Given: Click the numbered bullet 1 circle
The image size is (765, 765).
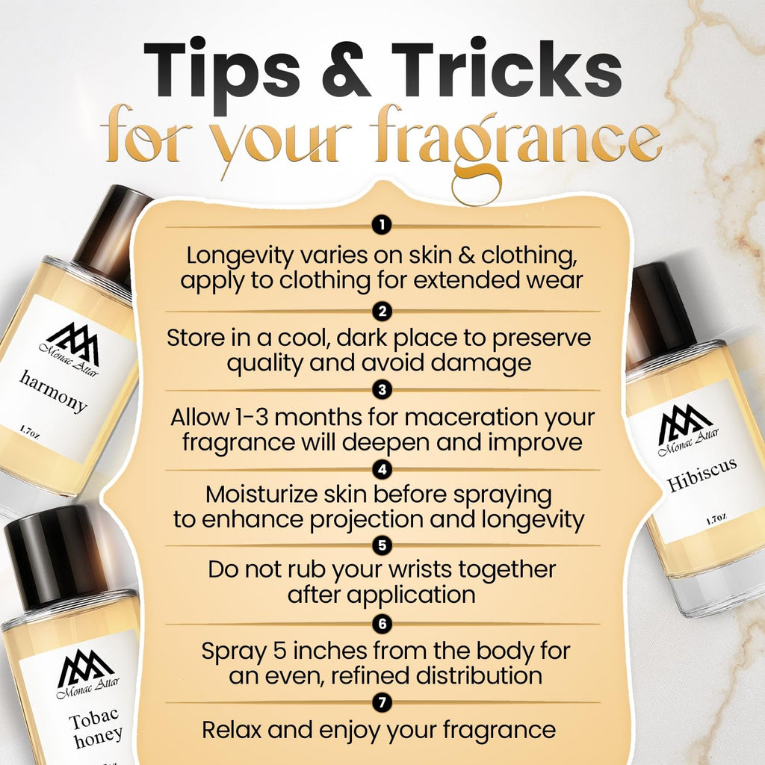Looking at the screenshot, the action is [x=382, y=225].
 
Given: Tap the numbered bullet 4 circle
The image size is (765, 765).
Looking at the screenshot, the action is [x=382, y=470].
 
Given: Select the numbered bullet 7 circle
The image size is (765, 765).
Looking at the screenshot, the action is [x=382, y=703].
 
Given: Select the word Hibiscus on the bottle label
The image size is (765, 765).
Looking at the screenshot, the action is [x=701, y=474].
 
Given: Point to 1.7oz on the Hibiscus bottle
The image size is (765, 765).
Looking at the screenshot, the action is [x=717, y=519].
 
